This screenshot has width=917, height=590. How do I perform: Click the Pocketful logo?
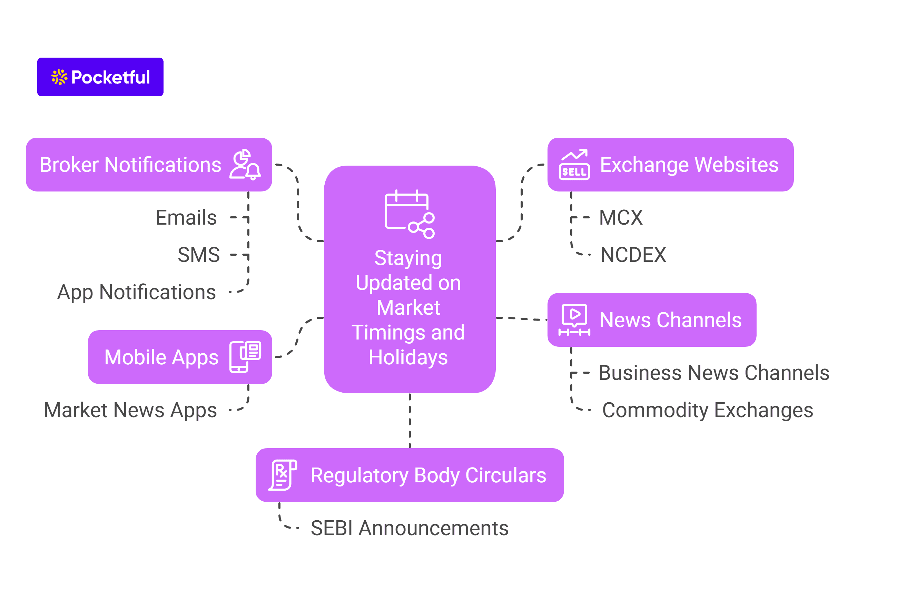(100, 77)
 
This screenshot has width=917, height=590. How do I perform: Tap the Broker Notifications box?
(130, 165)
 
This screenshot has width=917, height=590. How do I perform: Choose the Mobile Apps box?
(161, 357)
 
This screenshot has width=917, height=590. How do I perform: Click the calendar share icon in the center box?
(409, 214)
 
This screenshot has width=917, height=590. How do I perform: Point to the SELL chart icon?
(574, 165)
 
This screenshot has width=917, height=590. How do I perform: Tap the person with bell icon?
(245, 165)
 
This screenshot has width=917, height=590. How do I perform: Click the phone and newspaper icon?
(245, 357)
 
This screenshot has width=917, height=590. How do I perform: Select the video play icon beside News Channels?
(574, 319)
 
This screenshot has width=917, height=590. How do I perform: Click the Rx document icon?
(283, 475)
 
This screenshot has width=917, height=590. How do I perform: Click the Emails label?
(186, 218)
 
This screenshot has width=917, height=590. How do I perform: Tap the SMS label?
(198, 255)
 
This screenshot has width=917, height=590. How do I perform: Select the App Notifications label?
(136, 292)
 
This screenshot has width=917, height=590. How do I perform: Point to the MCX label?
(621, 218)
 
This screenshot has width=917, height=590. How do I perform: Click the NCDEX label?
(633, 255)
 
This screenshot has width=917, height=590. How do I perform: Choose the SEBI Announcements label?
(409, 528)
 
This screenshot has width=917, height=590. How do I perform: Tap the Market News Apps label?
(130, 410)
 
